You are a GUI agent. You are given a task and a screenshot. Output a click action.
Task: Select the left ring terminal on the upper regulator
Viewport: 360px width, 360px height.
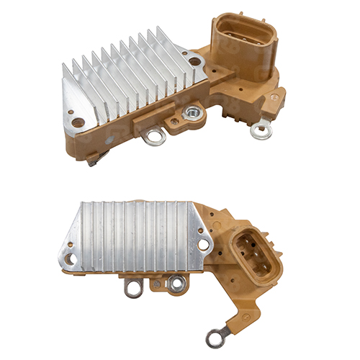coord(153,135)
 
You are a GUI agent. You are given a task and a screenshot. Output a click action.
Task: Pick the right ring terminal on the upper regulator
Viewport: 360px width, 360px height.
coord(260,130)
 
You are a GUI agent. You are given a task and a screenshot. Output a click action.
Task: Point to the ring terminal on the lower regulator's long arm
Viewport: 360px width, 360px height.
coord(214,336)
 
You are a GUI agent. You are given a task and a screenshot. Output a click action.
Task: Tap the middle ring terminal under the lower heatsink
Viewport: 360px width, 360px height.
coord(176,284)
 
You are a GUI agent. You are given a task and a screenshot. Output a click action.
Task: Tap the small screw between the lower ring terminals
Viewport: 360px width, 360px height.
coord(156,284)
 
